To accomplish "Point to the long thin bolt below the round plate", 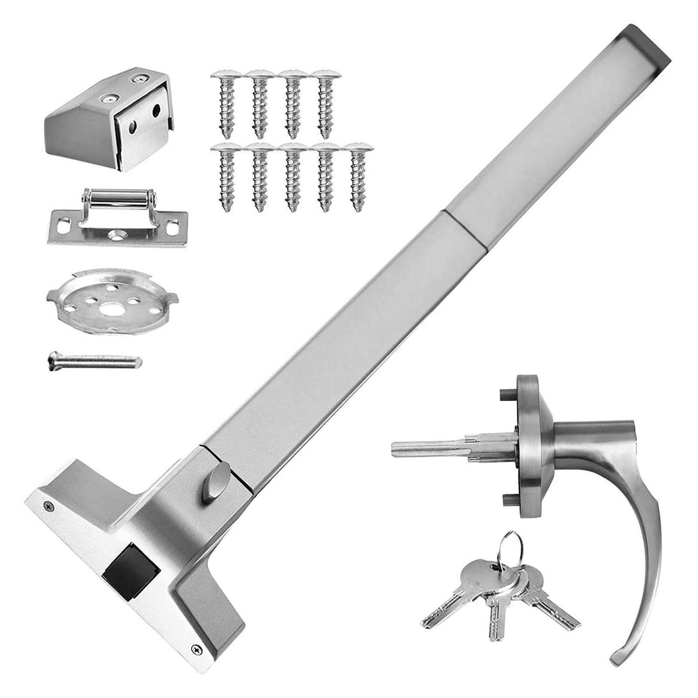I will (x=95, y=361).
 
